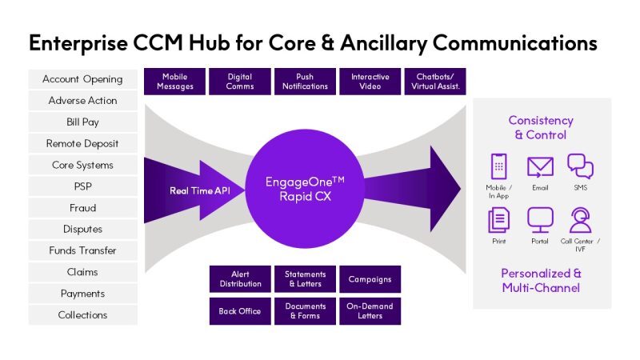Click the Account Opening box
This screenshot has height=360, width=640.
(x=82, y=79)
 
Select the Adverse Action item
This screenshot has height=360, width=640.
(x=82, y=101)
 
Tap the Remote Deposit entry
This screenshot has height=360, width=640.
(x=82, y=144)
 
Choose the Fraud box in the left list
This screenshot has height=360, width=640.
(x=82, y=208)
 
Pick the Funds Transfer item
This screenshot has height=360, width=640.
(x=82, y=250)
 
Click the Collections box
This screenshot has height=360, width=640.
(x=82, y=315)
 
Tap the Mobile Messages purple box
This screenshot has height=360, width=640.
(x=174, y=82)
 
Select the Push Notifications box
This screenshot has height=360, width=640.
(x=305, y=82)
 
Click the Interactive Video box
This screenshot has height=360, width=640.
(x=370, y=82)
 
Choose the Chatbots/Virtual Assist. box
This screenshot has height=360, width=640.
(x=435, y=82)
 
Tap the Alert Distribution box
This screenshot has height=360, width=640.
(x=239, y=279)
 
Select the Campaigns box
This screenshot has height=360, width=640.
(x=370, y=279)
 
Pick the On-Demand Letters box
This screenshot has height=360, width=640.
(x=370, y=311)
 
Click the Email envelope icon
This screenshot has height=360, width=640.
(x=540, y=167)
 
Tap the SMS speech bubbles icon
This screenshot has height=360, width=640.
(x=580, y=166)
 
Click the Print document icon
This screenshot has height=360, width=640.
(x=499, y=219)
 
